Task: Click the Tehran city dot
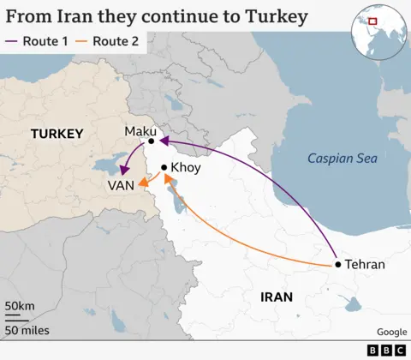click(338, 265)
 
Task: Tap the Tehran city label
click(366, 265)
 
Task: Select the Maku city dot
click(151, 141)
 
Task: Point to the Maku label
click(140, 129)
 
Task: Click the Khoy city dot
click(164, 168)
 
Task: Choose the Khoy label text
click(186, 168)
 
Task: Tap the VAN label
click(120, 186)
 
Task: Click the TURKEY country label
click(57, 134)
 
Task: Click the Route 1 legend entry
click(38, 40)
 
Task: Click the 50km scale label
click(20, 307)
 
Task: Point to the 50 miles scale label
click(27, 330)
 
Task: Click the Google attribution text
click(391, 333)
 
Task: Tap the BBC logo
click(384, 350)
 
